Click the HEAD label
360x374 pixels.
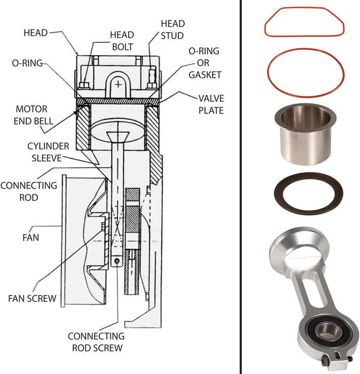tap(35, 33)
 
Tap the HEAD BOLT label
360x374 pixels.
tap(122, 41)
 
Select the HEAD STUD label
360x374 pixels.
tap(173, 29)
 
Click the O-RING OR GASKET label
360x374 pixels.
tap(205, 63)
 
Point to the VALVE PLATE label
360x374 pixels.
tap(210, 104)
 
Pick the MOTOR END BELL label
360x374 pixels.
tap(34, 115)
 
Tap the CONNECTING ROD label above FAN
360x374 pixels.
tap(28, 191)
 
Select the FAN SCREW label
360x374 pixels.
tap(32, 298)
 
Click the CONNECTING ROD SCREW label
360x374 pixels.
tap(96, 342)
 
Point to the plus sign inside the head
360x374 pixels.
tap(119, 83)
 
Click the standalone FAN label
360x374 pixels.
tap(30, 236)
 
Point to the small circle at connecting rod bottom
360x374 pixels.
tap(117, 261)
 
